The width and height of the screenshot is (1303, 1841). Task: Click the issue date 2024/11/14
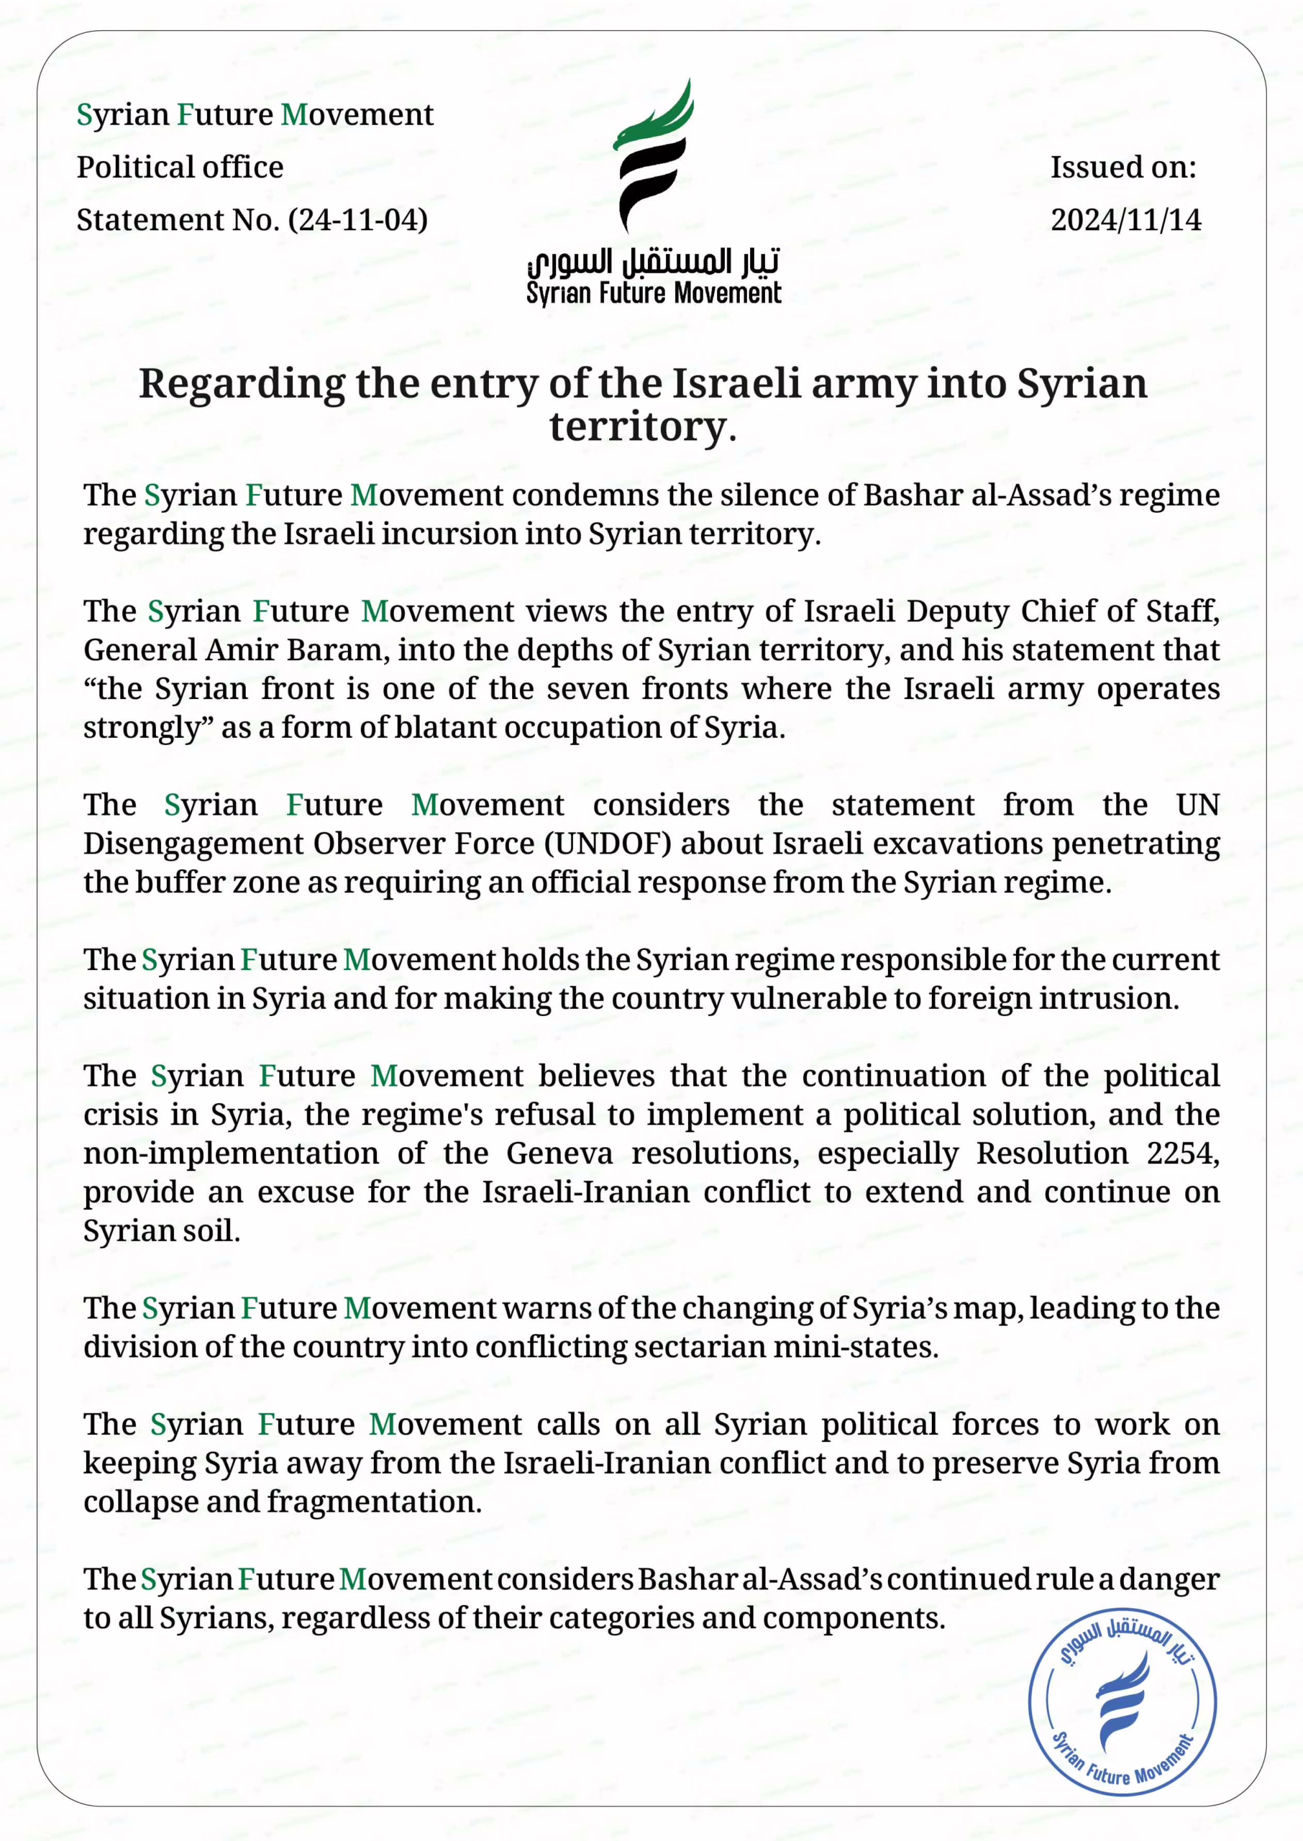[1125, 220]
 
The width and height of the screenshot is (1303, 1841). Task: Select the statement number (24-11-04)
[358, 220]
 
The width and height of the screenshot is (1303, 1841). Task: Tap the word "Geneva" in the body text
[559, 1153]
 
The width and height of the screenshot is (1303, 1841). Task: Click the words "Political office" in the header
[180, 167]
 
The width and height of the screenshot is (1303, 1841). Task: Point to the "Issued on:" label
[1123, 167]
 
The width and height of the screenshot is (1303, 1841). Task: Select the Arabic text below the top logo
[653, 262]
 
